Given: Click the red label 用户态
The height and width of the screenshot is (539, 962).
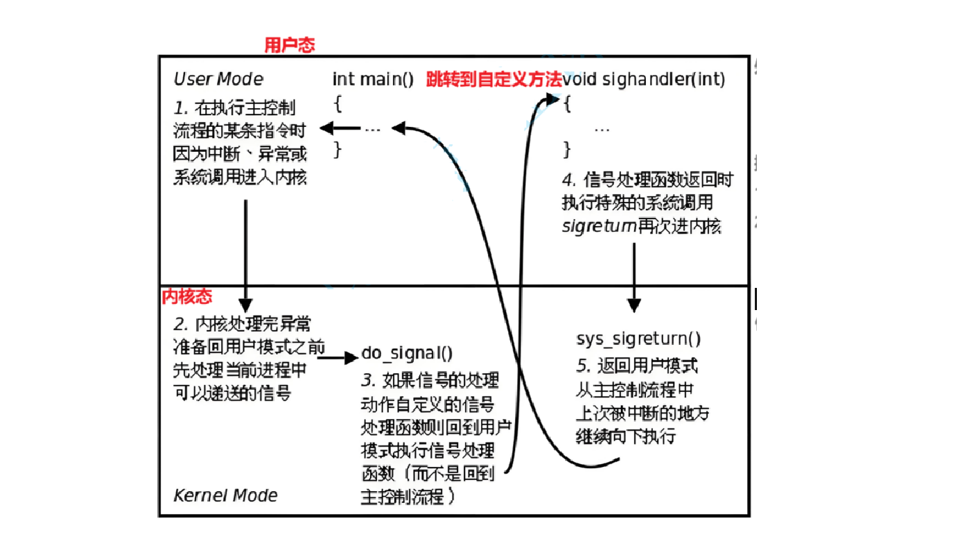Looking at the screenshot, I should pos(290,45).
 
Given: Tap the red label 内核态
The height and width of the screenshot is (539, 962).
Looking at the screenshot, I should pos(186,297).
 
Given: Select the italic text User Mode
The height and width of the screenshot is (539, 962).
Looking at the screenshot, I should pos(218,78).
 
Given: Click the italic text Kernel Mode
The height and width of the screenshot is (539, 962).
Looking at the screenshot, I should pos(225,495).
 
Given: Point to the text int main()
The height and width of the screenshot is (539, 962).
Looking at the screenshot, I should pos(373,79).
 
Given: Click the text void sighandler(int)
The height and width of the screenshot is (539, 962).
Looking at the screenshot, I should pos(644,79).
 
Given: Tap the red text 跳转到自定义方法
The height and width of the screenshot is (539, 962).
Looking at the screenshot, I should pos(493,79).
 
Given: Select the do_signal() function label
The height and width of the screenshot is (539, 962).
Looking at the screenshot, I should pos(408,354).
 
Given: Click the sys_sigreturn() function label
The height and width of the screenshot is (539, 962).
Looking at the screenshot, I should pos(638,339).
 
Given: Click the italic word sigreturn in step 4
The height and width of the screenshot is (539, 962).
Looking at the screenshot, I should pos(597,225).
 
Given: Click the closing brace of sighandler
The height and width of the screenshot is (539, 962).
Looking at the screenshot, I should pos(567,149).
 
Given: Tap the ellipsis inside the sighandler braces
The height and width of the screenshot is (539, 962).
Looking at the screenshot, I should pos(602,129).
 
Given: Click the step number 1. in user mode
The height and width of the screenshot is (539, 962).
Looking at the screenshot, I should pos(182,108).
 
